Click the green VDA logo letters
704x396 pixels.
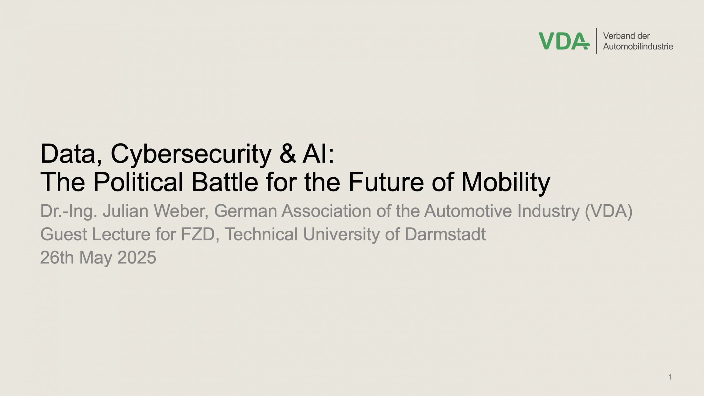tap(564, 41)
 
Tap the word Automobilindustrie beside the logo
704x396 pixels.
tap(638, 46)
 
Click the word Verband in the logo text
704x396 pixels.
tap(619, 36)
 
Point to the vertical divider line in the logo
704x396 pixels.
tap(596, 41)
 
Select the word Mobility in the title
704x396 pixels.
tap(506, 183)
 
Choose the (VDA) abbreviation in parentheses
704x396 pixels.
tap(609, 211)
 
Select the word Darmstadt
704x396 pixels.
tap(445, 234)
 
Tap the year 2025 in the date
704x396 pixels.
tap(137, 258)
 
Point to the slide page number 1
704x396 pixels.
tap(670, 377)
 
